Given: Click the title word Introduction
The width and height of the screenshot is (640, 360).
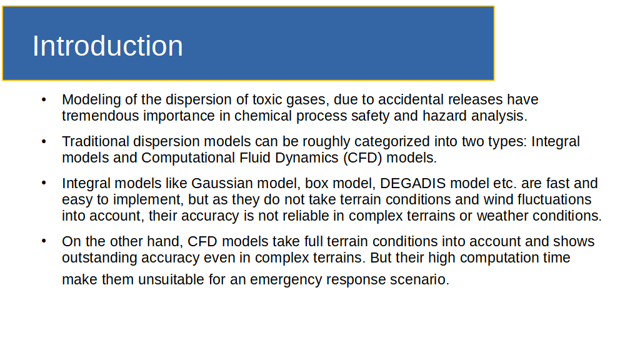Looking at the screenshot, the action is [107, 46].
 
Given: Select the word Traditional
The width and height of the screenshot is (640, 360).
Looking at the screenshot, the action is [96, 141].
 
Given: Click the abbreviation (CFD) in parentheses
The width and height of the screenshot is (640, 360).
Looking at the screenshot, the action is [362, 158].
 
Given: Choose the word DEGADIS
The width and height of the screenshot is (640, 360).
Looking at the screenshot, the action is [412, 183].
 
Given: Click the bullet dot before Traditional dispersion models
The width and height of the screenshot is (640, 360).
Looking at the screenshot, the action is [44, 142].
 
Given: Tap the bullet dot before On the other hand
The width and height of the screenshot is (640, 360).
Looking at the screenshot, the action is [44, 241].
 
